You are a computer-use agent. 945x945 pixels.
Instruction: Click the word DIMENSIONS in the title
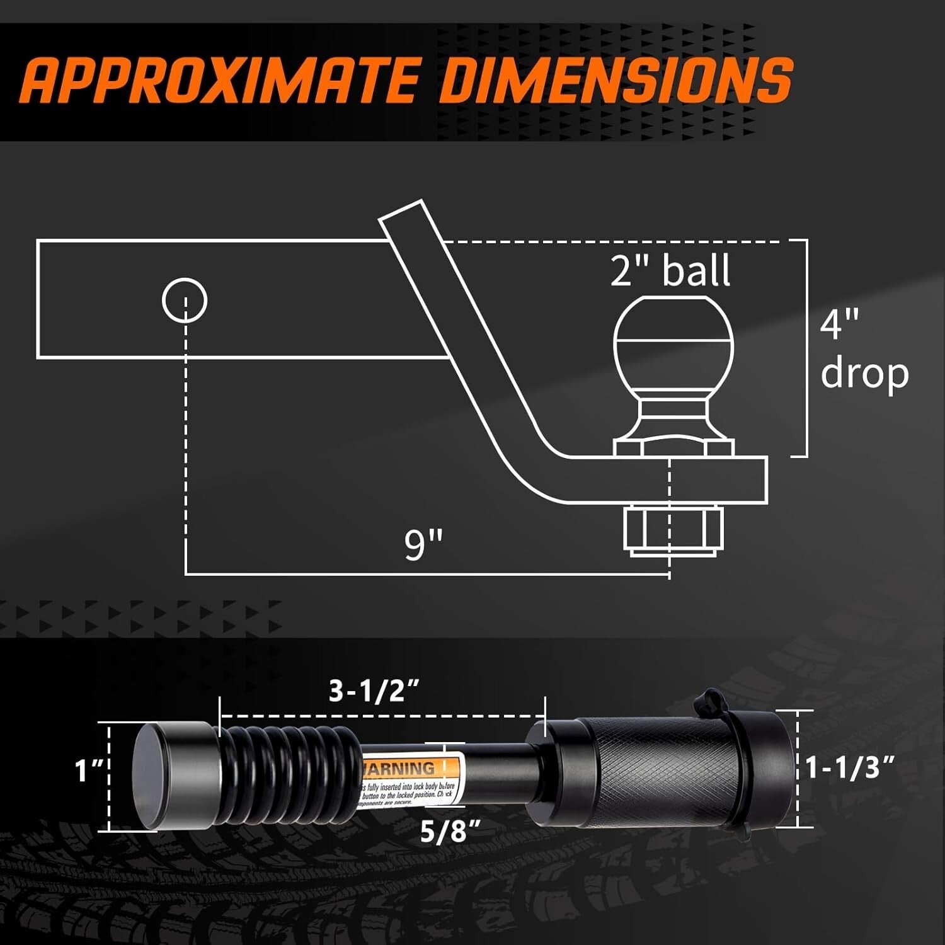(614, 80)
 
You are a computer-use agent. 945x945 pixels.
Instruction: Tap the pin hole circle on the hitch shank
(185, 300)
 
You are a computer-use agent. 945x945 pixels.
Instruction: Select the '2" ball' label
(670, 270)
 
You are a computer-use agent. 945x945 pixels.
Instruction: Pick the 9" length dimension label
(423, 545)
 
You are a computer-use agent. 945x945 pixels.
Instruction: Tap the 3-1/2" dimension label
(374, 692)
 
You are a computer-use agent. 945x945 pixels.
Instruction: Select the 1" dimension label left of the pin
(89, 770)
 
